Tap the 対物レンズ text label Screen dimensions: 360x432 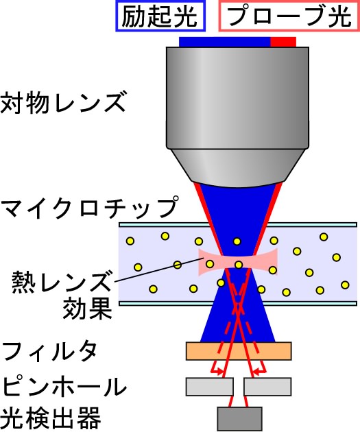[63, 103]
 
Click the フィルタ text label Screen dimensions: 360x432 [49, 352]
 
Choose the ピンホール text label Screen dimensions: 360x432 [64, 386]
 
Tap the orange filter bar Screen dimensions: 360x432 [239, 351]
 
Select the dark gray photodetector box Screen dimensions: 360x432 [239, 419]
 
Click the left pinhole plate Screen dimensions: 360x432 [210, 387]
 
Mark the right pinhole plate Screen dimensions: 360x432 [267, 387]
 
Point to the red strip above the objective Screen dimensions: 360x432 [283, 42]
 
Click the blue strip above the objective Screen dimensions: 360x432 [225, 42]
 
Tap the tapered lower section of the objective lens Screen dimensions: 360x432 [237, 167]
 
